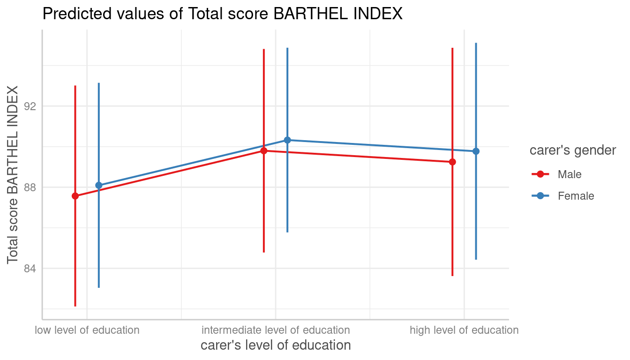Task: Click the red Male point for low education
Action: pos(75,196)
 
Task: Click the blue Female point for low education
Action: pos(98,185)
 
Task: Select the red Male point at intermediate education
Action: pos(264,150)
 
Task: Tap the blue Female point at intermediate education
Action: pos(287,140)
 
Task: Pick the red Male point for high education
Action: pos(452,162)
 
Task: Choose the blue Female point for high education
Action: pos(476,151)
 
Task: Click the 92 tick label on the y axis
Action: pos(30,106)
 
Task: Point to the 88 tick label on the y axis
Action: pos(30,187)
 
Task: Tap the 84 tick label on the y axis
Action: pos(30,268)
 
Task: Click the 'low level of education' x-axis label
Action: pos(87,330)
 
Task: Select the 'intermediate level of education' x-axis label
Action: pos(276,330)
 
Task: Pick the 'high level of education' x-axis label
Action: pos(464,330)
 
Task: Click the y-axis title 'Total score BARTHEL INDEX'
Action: pos(13,174)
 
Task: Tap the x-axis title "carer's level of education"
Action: pos(276,345)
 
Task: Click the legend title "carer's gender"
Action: pos(572,150)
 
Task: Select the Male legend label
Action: pos(570,174)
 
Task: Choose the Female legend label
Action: pos(576,196)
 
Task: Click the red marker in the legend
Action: pos(540,174)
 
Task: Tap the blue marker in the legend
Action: pos(540,196)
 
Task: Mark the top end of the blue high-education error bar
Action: pos(476,43)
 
